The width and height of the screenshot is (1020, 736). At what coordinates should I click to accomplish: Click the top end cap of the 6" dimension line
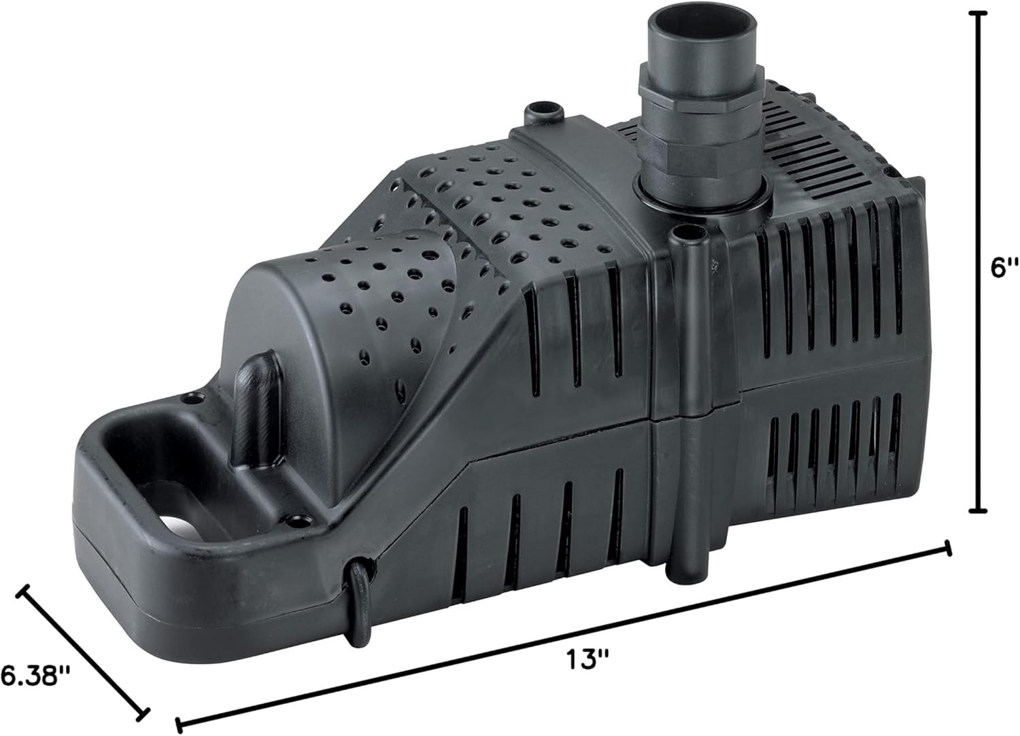[980, 14]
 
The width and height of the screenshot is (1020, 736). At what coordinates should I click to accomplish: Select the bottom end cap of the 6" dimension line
[980, 510]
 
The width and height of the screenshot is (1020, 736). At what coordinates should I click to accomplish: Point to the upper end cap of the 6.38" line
[26, 591]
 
